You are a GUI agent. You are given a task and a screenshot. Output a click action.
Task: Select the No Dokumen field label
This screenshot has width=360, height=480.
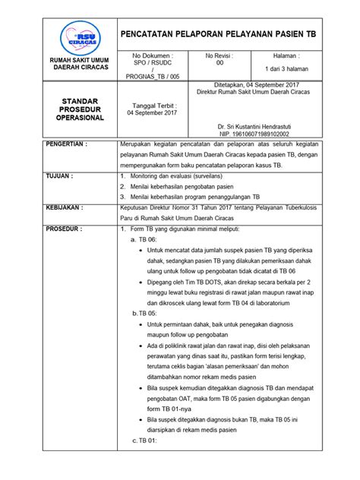[x=153, y=56]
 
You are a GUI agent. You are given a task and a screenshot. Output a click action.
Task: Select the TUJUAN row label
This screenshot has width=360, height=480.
[x=59, y=175]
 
